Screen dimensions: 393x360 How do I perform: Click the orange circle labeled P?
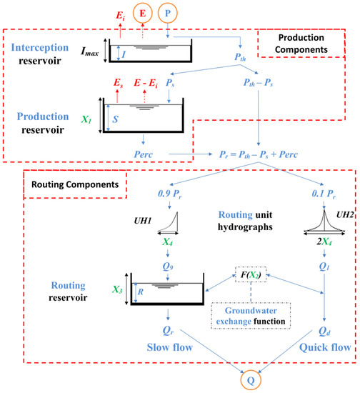pos(168,13)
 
